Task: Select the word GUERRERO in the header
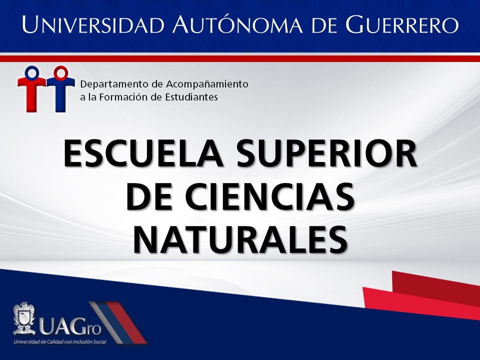402,24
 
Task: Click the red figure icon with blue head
32,89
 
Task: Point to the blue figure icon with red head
60,89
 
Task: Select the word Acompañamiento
207,84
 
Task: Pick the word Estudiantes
191,97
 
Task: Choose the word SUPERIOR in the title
326,153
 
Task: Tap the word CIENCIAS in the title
269,196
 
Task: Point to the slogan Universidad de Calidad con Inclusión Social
60,341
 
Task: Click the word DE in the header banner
324,24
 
